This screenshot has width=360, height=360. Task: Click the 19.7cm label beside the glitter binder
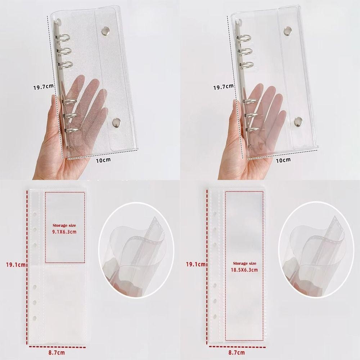click(x=44, y=87)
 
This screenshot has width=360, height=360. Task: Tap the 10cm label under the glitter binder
click(x=103, y=160)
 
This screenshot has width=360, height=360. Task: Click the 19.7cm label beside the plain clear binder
click(x=224, y=87)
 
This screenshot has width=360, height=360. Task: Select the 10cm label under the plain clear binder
click(x=283, y=160)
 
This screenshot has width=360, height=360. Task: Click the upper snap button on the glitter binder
click(x=105, y=30)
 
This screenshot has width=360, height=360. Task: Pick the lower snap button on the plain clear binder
click(x=298, y=121)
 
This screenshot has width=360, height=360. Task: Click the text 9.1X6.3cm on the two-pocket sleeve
click(x=64, y=232)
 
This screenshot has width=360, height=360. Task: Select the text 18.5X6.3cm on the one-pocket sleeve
click(x=244, y=270)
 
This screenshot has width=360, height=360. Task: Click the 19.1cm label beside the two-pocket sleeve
click(x=16, y=265)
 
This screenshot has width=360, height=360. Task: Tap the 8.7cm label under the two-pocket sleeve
click(x=56, y=352)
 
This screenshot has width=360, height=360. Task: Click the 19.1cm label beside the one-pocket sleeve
click(x=195, y=264)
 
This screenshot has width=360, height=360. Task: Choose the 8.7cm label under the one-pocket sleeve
click(x=236, y=352)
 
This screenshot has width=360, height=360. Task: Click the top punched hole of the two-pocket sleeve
click(x=35, y=215)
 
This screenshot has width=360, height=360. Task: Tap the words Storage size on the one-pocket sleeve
click(x=244, y=264)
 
